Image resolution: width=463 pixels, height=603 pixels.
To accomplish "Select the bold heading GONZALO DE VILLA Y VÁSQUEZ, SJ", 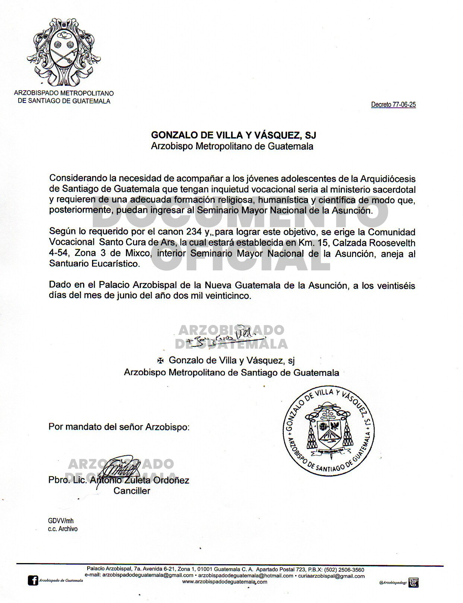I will (233, 135).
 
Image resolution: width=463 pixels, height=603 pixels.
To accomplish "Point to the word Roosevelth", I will (393, 243).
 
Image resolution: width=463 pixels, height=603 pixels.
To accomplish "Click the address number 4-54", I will (59, 253).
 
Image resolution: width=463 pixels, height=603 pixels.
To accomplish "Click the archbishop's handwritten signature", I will (220, 337).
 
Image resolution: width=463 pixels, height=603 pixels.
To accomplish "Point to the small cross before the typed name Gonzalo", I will (160, 361).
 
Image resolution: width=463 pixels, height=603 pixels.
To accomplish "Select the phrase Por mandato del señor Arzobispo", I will (119, 427).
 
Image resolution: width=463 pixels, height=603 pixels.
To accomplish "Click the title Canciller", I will (132, 491).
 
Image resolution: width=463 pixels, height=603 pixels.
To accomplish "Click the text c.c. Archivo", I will (63, 529).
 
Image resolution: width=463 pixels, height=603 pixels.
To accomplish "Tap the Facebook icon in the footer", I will (33, 581).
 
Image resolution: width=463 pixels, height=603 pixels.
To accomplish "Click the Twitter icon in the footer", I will (413, 582).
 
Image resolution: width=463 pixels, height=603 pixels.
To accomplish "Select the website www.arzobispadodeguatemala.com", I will (224, 582).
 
